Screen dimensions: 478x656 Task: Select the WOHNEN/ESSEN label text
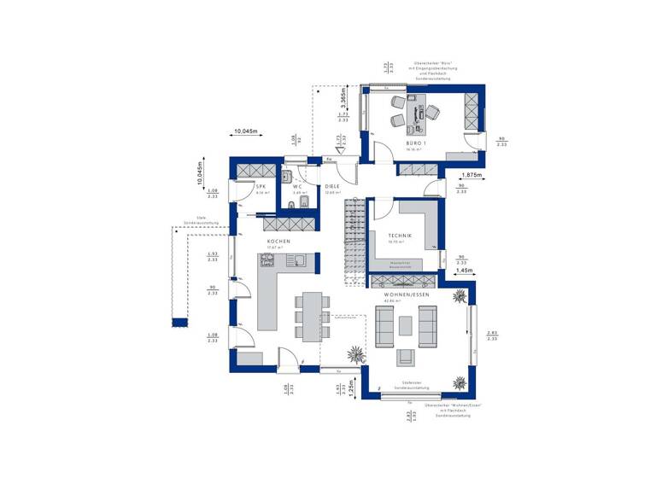[x=407, y=294]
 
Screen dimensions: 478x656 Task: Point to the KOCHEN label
[x=279, y=242]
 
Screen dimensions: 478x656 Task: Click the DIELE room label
[x=333, y=186]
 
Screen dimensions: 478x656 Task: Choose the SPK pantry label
[x=261, y=186]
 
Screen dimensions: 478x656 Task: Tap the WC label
[x=297, y=186]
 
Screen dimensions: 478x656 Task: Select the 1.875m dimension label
[x=470, y=176]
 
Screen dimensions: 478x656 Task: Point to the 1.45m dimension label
[x=465, y=271]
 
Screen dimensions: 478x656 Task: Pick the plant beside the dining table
[x=353, y=352]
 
